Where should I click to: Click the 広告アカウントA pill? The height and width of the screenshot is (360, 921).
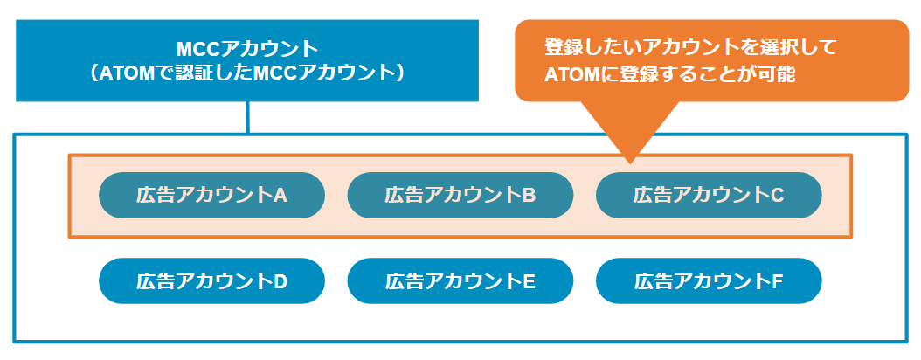point(211,196)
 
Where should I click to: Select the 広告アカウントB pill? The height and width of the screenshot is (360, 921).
point(460,196)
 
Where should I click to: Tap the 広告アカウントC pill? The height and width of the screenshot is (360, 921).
point(709,196)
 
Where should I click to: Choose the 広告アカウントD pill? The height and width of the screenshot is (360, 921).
point(211,281)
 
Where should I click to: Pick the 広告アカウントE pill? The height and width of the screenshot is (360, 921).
point(460,281)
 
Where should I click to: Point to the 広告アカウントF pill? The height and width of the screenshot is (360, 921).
point(709,281)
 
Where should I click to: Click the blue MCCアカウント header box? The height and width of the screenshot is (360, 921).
point(247,60)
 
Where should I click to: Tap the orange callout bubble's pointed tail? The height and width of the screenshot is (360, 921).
point(629,163)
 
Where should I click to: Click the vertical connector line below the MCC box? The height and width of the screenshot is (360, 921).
point(248,117)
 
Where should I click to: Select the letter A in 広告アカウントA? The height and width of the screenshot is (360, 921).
point(280,196)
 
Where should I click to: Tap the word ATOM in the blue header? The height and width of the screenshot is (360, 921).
point(132,73)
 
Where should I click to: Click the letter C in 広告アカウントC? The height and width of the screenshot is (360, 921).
point(777,196)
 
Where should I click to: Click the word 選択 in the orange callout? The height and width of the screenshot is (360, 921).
point(776,46)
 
